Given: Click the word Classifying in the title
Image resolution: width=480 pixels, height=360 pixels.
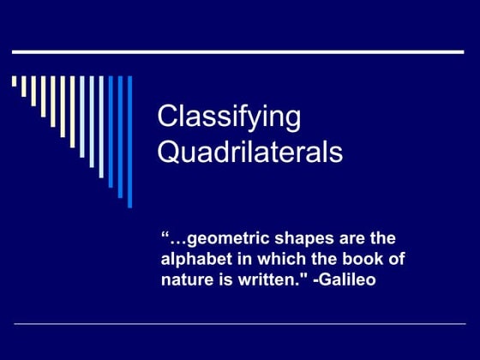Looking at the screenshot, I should (229, 118).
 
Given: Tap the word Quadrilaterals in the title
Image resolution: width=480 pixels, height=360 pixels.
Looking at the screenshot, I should (250, 153).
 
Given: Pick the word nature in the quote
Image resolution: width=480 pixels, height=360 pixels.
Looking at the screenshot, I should (184, 279).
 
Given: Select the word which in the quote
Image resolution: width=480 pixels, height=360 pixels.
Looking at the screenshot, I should (274, 258).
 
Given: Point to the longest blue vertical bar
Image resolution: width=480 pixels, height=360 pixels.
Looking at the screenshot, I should (129, 141).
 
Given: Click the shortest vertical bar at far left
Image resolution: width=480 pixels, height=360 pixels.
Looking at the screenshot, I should (15, 82).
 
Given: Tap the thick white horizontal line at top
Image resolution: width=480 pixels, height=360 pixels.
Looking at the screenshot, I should (237, 53).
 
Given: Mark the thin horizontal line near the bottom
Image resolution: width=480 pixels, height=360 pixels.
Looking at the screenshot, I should (240, 325).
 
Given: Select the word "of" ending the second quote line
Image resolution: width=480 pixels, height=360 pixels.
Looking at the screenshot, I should (396, 258).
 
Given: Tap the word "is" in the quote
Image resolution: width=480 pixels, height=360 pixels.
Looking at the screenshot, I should (219, 279).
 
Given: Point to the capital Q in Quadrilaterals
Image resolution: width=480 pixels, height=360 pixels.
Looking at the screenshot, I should (171, 153).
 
